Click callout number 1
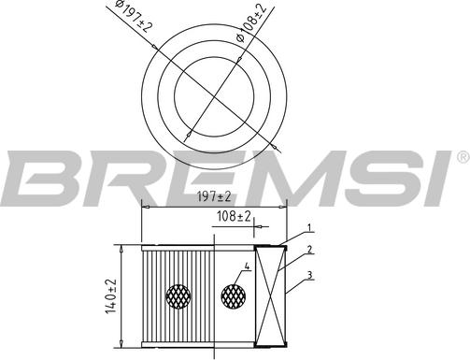point(307,229)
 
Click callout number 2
point(307,251)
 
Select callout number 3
point(307,274)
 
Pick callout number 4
point(247,267)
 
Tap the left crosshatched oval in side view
point(178,296)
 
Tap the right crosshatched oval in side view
point(234,296)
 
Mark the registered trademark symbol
point(461,155)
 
